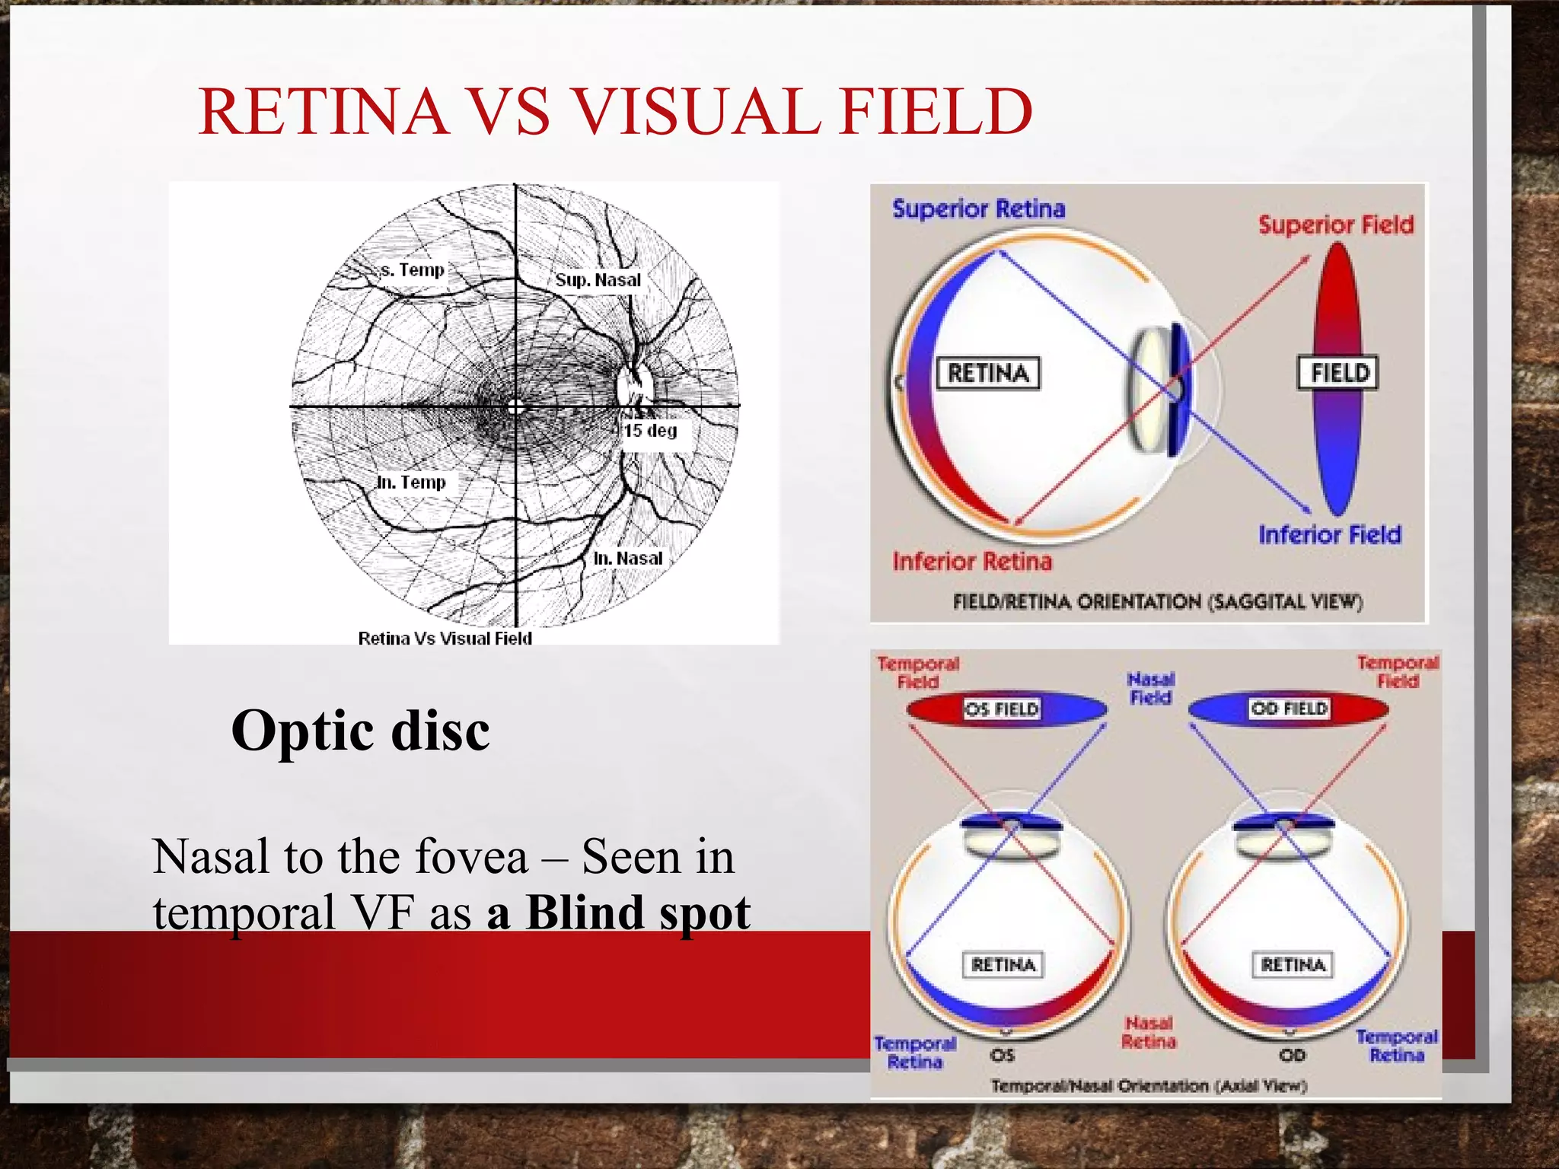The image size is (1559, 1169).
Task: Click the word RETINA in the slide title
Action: click(x=323, y=112)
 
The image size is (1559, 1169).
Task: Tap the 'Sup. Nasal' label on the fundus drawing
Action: click(x=598, y=280)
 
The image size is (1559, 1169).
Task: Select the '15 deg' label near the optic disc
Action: click(x=650, y=431)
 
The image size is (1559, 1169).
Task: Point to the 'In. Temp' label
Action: click(x=411, y=483)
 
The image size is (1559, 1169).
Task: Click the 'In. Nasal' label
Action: click(x=628, y=559)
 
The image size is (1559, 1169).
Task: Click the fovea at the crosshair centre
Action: click(x=516, y=407)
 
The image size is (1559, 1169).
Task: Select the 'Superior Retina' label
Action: click(x=978, y=209)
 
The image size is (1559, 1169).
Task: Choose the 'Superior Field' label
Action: click(x=1335, y=225)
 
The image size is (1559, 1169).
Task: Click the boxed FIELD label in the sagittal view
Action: click(x=1339, y=373)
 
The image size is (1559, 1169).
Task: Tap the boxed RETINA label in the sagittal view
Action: click(x=988, y=373)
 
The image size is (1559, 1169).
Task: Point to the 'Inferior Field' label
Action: click(x=1329, y=535)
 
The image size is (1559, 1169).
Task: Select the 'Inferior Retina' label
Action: click(x=972, y=562)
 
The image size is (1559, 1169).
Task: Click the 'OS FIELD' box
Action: click(x=1002, y=709)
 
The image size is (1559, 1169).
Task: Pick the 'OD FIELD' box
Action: click(x=1289, y=709)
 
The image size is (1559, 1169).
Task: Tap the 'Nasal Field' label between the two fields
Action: click(x=1150, y=688)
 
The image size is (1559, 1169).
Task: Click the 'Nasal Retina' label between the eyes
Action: click(x=1149, y=1033)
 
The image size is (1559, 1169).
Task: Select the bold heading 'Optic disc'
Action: click(x=360, y=731)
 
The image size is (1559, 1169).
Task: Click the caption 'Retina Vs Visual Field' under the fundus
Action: click(x=445, y=639)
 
